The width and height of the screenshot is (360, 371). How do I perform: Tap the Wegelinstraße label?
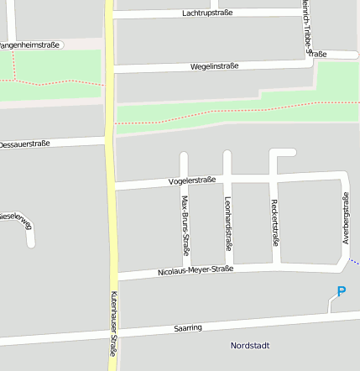(x=215, y=65)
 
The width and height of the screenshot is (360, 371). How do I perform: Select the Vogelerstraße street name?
(x=192, y=180)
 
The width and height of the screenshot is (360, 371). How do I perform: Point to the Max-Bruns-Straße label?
(x=185, y=225)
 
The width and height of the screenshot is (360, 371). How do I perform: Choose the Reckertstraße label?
(x=274, y=222)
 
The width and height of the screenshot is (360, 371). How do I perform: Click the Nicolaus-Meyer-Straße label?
(x=195, y=270)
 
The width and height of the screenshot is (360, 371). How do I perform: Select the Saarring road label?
(x=188, y=327)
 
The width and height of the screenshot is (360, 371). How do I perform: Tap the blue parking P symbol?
(x=341, y=292)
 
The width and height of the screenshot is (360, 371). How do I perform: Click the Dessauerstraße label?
(x=23, y=144)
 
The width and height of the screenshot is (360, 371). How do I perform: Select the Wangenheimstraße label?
(x=29, y=44)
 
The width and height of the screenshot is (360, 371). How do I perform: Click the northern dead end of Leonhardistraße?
(x=227, y=154)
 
